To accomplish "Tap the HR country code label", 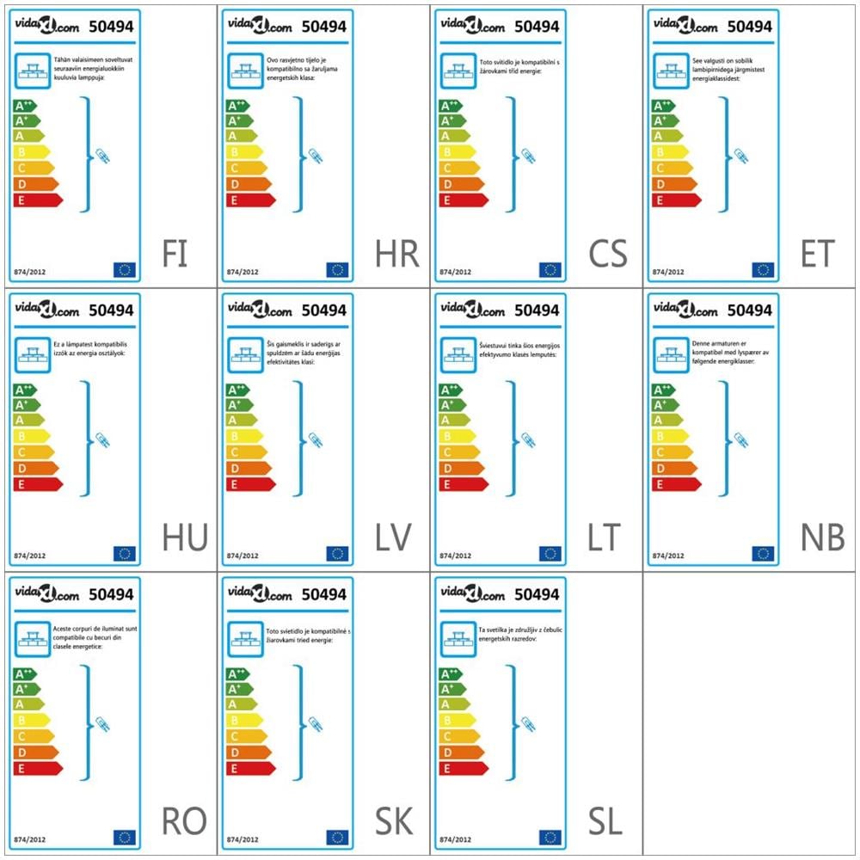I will coord(396,254).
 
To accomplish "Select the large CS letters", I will coord(608,254).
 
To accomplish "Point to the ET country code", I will coord(816,254).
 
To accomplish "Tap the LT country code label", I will coord(604,537).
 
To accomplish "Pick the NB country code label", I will coord(822,537).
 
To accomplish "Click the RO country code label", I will coord(184,821).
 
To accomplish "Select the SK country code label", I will coord(395,821).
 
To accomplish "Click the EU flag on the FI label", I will coord(125,270).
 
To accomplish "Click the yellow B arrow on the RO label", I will coord(31,720).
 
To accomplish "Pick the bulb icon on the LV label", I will coord(316,440).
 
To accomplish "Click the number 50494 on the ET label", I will coord(750,27).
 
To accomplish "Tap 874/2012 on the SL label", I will coord(456,839).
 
